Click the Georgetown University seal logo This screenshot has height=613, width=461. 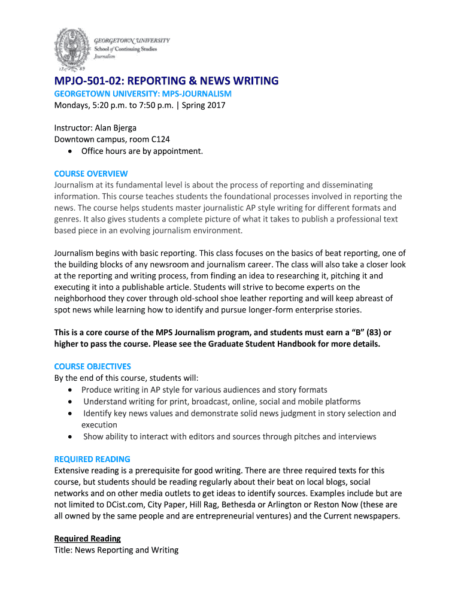pos(72,49)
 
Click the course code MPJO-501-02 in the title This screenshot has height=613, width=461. pos(89,81)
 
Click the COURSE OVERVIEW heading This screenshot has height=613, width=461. pos(91,174)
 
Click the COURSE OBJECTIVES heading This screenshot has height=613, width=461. pos(92,366)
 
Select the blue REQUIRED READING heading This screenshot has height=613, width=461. pos(92,459)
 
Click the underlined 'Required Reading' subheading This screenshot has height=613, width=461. pos(87,538)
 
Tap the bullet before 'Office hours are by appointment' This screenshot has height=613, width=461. pos(71,151)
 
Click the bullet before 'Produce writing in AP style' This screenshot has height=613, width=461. pos(71,390)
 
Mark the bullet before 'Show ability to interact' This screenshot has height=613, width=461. pos(71,437)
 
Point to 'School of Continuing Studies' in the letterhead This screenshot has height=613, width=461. pos(125,49)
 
